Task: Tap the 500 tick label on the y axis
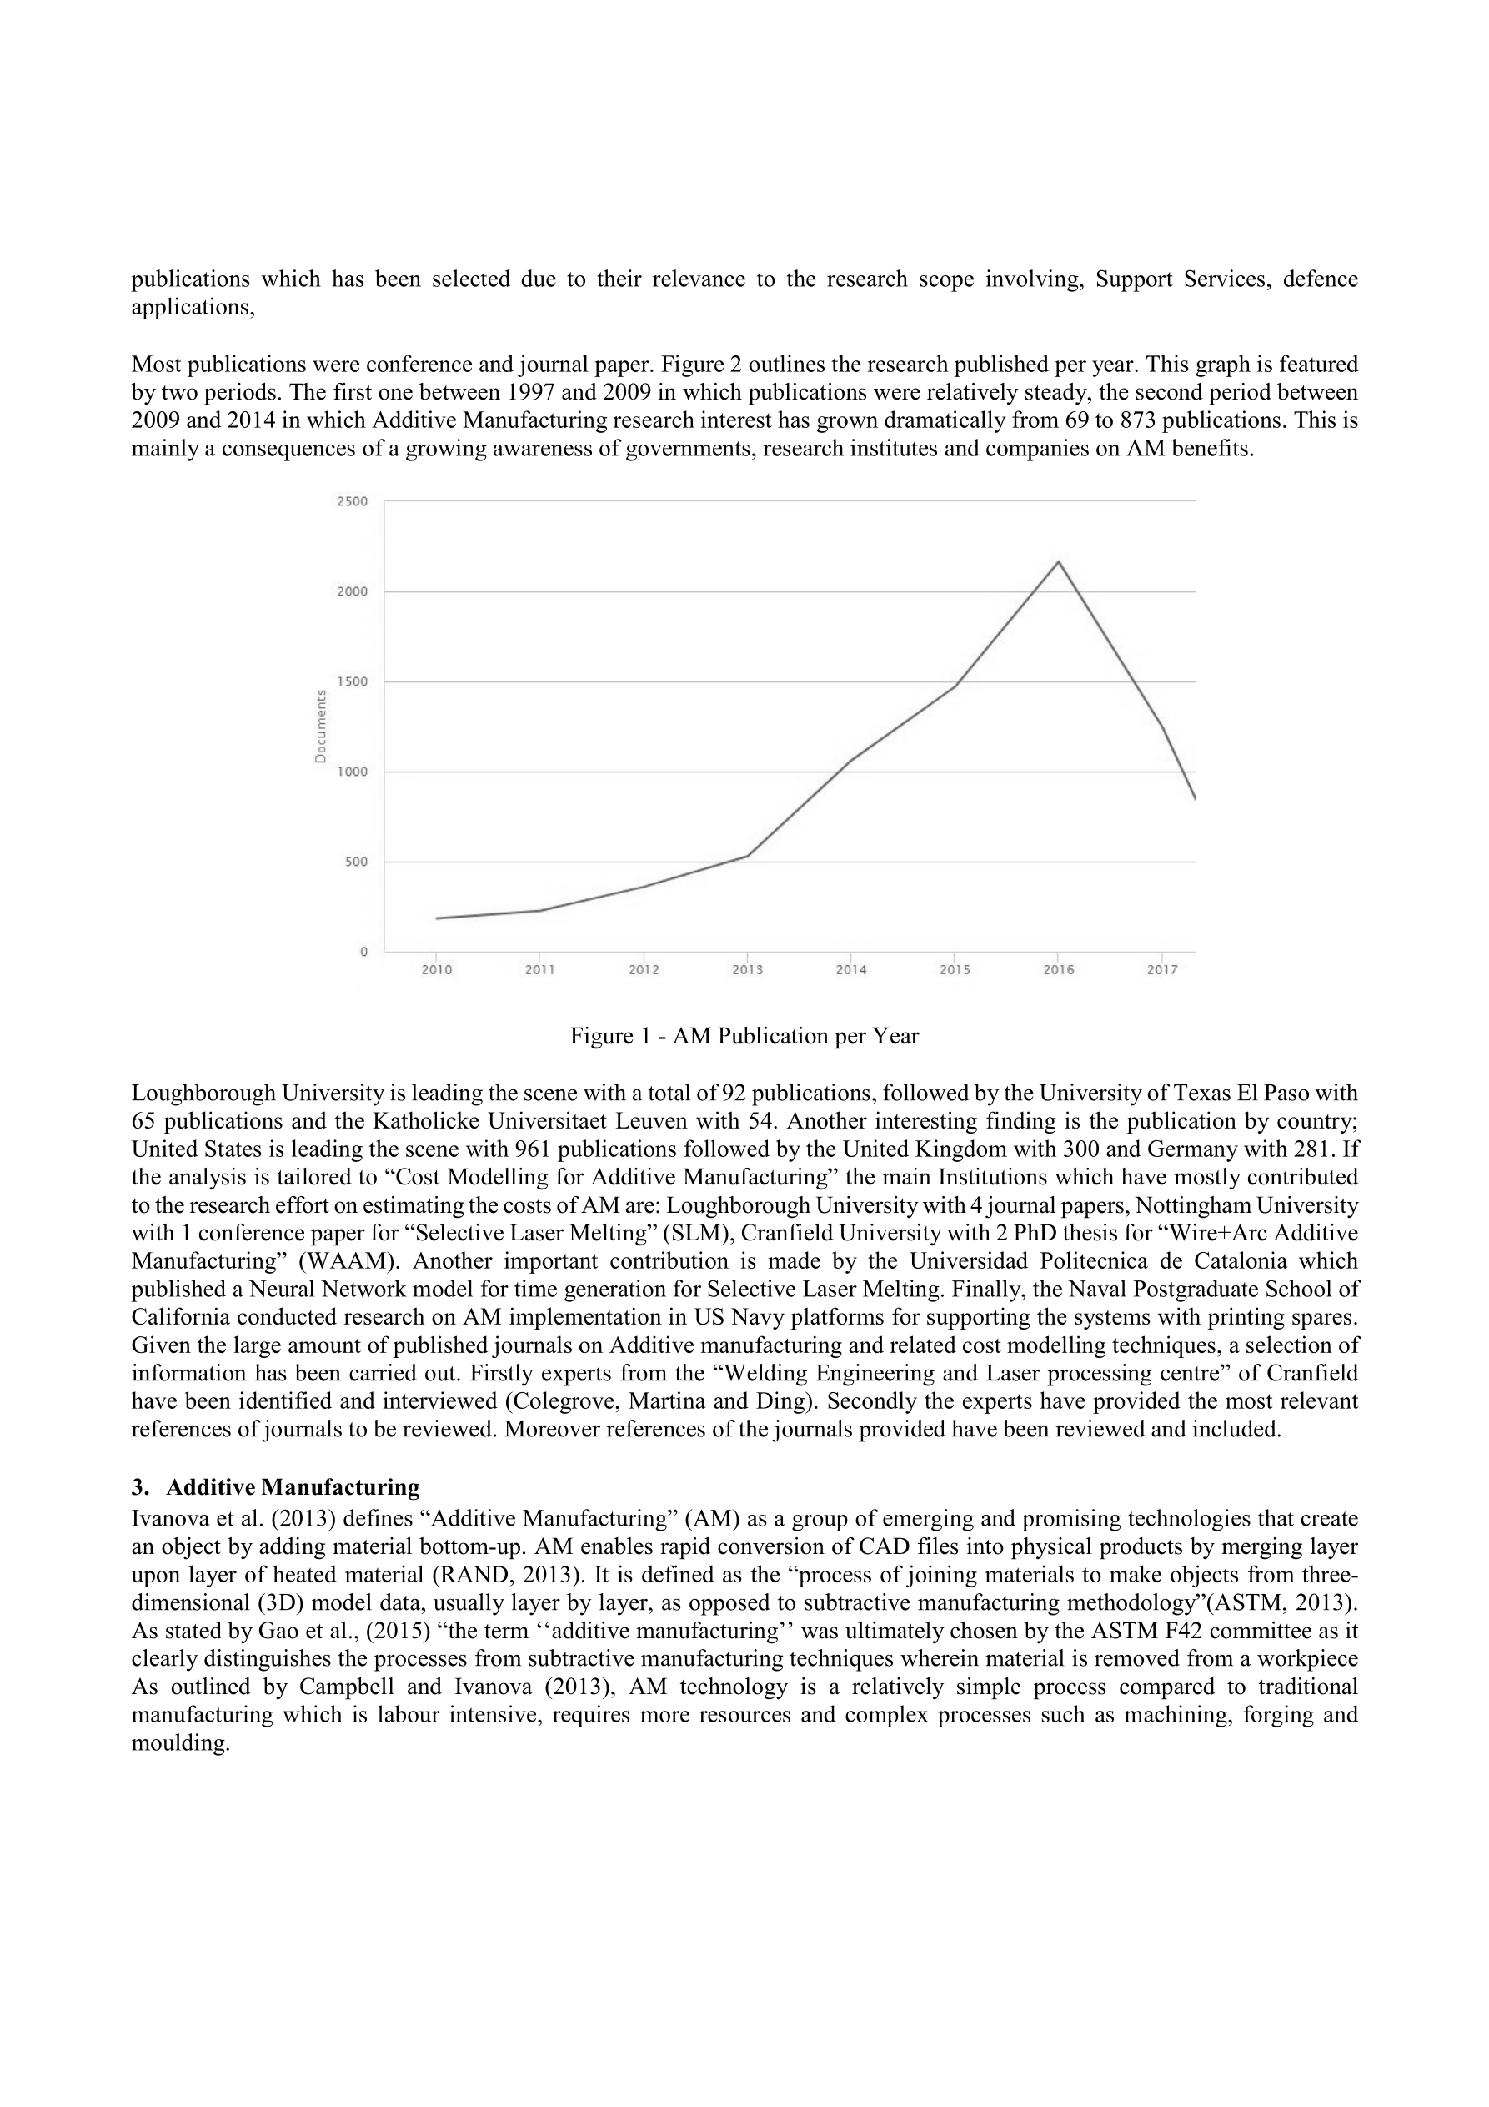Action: coord(356,862)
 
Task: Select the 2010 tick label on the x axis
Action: coord(437,970)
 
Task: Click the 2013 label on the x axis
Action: coord(747,970)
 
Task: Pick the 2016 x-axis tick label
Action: coord(1058,970)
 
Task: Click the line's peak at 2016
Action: coord(1059,561)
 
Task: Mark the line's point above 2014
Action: coord(850,761)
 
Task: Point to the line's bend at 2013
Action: coord(748,855)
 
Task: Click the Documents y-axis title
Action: coord(320,726)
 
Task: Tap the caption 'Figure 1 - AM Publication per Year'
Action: coord(744,1036)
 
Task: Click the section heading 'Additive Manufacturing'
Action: coord(293,1486)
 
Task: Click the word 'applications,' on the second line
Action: coord(193,308)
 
